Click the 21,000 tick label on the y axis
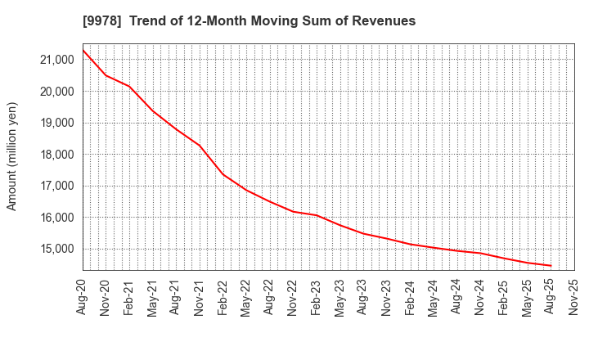pyautogui.click(x=57, y=60)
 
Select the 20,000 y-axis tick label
pyautogui.click(x=57, y=92)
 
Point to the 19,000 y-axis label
pyautogui.click(x=57, y=123)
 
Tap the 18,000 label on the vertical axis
pyautogui.click(x=57, y=155)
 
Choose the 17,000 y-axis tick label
pyautogui.click(x=57, y=186)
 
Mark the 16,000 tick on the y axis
pyautogui.click(x=57, y=218)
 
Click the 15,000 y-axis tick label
pyautogui.click(x=57, y=249)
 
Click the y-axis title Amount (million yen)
pyautogui.click(x=12, y=156)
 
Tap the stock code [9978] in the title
pyautogui.click(x=100, y=21)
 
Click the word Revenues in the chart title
pyautogui.click(x=385, y=21)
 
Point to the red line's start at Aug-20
pyautogui.click(x=83, y=50)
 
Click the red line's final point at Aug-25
pyautogui.click(x=551, y=265)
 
